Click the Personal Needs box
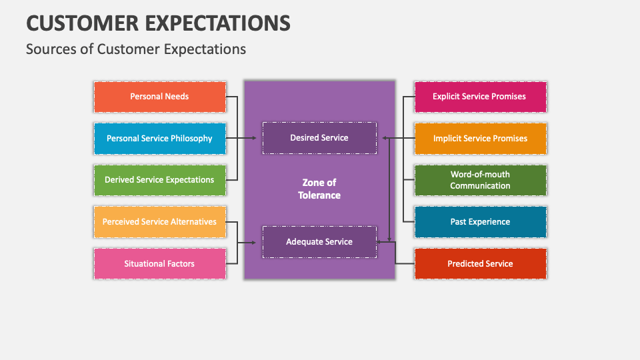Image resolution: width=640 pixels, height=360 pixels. (159, 97)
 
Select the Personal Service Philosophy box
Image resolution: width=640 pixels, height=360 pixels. (159, 139)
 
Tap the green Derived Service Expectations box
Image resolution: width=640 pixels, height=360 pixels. (159, 180)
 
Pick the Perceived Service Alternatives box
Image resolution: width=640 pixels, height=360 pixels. (159, 222)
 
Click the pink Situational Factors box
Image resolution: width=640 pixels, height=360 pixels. (159, 264)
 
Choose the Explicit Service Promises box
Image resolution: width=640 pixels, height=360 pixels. (479, 97)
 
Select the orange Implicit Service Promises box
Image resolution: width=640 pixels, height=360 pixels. (479, 139)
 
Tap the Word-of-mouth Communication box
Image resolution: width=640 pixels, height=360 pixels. (479, 180)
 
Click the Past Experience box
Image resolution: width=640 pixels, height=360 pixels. (479, 222)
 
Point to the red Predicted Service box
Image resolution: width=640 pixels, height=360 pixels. (479, 264)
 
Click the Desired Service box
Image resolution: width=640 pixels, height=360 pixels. (319, 138)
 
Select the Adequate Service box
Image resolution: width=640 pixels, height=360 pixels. (319, 242)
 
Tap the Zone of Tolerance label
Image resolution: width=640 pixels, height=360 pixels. (319, 189)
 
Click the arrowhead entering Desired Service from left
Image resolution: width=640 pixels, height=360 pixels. (254, 139)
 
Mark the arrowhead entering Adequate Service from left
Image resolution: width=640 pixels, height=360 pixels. (254, 243)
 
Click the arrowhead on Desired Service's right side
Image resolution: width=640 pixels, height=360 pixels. (385, 139)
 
